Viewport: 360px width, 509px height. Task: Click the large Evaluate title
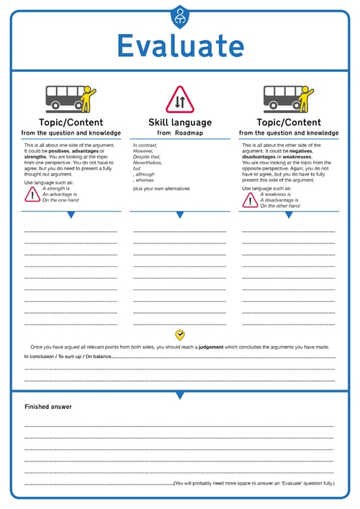point(180,45)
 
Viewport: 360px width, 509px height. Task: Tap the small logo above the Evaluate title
point(179,14)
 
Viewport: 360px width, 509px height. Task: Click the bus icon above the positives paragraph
point(71,99)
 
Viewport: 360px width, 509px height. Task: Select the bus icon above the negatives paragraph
point(288,99)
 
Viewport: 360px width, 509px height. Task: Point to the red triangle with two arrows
point(179,100)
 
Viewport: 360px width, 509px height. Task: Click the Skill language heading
point(179,122)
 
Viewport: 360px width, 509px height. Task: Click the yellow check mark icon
point(180,335)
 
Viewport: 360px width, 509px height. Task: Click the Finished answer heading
point(48,407)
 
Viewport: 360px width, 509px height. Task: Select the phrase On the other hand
point(279,206)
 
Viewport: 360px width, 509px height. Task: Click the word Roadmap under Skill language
point(192,133)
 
